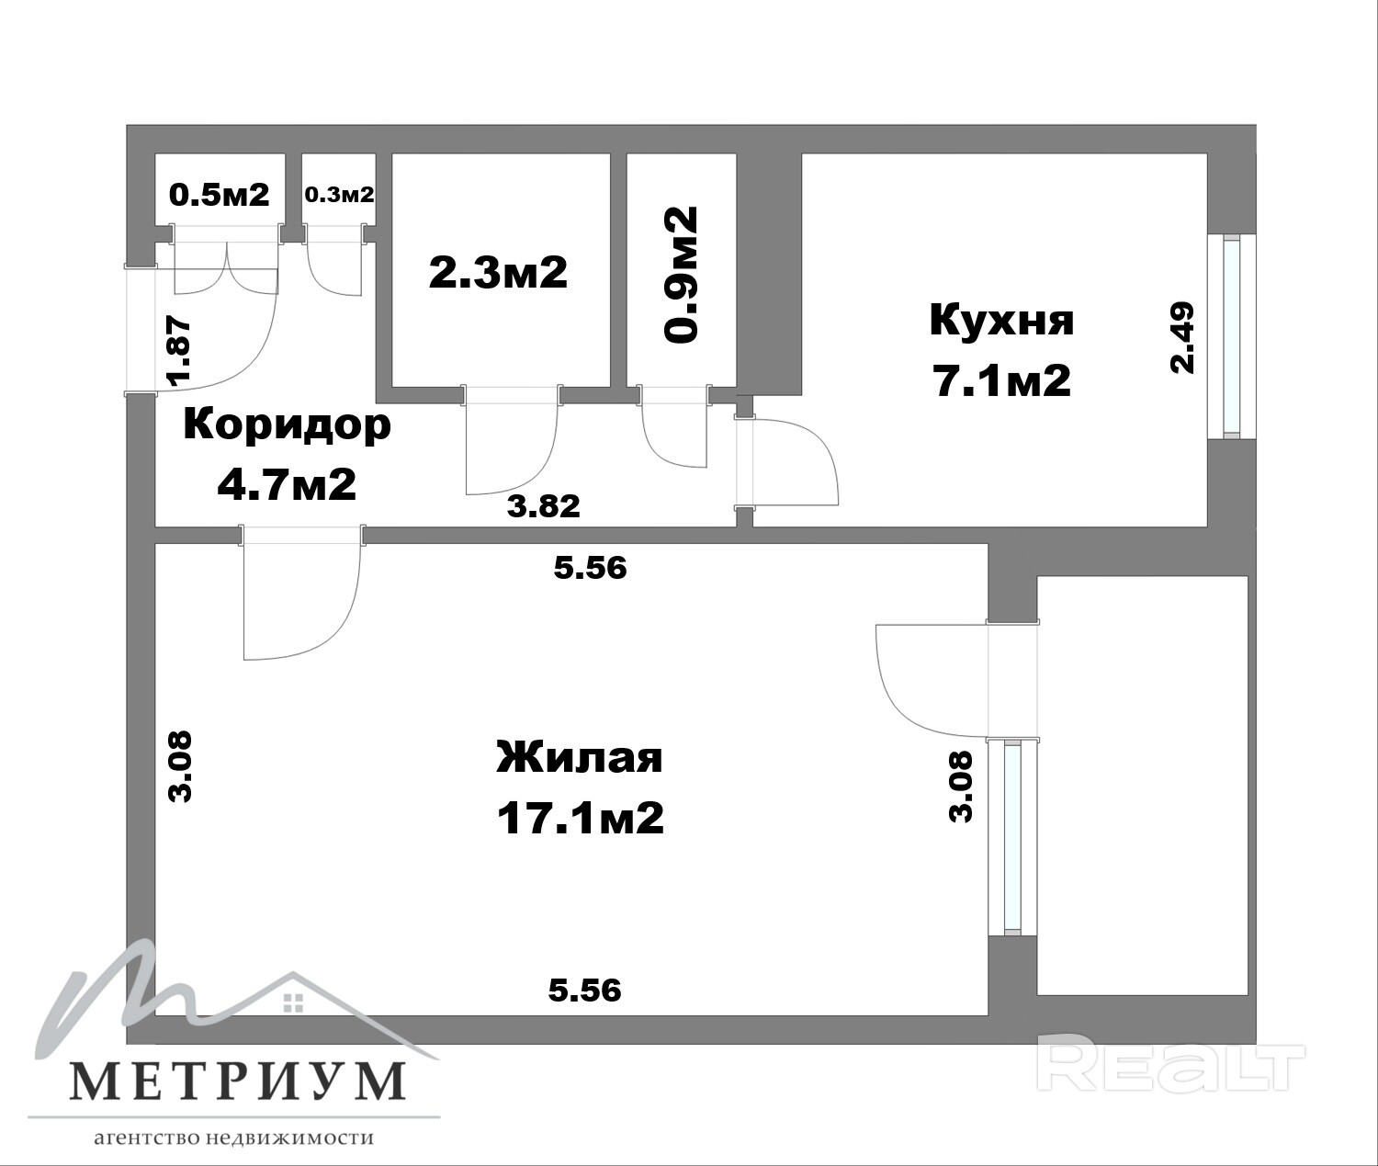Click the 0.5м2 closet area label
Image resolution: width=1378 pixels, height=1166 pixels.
(220, 195)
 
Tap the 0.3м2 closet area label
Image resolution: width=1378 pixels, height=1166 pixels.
(339, 195)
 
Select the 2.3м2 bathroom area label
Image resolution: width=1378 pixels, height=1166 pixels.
(498, 272)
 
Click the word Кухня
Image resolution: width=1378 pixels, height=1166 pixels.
(1002, 320)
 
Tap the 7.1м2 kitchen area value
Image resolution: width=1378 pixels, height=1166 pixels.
(1002, 381)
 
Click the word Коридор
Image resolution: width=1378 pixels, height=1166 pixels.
(288, 425)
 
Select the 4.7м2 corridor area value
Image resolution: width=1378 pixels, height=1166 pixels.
(287, 484)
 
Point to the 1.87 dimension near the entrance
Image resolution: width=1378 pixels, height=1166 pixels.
(179, 352)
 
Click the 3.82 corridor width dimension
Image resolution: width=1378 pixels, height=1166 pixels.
(543, 506)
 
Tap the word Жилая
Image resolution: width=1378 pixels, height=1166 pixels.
(580, 759)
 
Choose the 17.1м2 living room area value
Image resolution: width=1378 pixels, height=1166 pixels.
(580, 819)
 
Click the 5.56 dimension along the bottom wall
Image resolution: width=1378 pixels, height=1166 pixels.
(584, 991)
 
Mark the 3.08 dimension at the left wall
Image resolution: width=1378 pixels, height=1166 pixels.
(180, 766)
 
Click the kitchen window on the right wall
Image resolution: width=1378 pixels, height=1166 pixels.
(1232, 336)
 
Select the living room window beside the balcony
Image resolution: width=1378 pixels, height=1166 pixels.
(1012, 839)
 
